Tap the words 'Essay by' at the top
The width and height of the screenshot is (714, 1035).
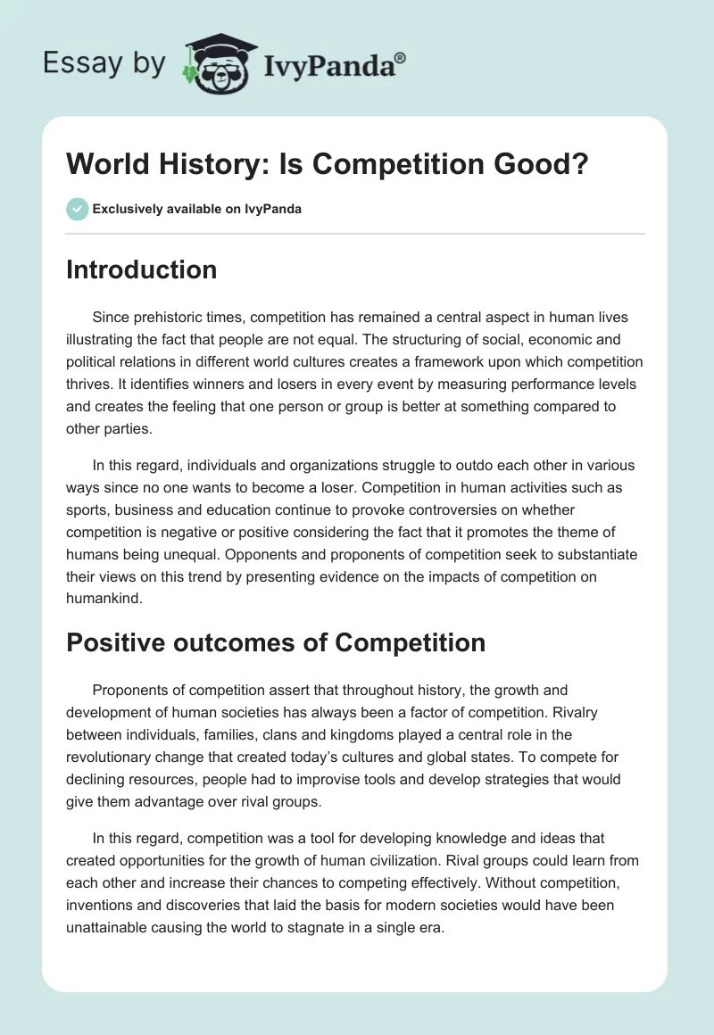coord(104,63)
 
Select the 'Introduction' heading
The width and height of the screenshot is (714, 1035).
coord(141,269)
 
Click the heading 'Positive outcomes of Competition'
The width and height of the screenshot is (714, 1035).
coord(276,642)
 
